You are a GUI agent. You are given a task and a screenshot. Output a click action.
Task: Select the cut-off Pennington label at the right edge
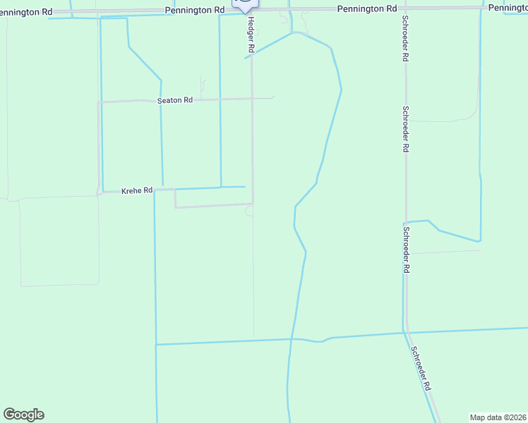(x=508, y=8)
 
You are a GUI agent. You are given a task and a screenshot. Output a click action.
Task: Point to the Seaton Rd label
(x=174, y=100)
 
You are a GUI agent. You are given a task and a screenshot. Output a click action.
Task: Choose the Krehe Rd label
(x=137, y=190)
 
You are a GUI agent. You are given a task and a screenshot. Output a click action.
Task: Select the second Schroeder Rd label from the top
(x=405, y=129)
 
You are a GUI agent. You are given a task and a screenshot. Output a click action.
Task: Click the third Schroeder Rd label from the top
(x=406, y=250)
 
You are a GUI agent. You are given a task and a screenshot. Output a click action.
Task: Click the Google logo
(x=23, y=415)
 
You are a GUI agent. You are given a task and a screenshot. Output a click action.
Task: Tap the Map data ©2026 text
(x=498, y=417)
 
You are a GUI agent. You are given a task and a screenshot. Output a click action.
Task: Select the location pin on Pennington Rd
(x=245, y=4)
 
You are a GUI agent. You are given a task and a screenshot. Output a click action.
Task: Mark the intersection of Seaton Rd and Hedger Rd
(x=252, y=99)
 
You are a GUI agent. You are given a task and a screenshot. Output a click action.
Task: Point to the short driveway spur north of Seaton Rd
(x=202, y=86)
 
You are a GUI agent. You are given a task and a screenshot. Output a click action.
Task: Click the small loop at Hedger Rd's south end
(x=249, y=211)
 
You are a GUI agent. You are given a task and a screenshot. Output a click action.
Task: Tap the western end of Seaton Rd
(x=99, y=103)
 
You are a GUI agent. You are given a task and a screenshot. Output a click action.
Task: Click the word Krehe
(x=132, y=190)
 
